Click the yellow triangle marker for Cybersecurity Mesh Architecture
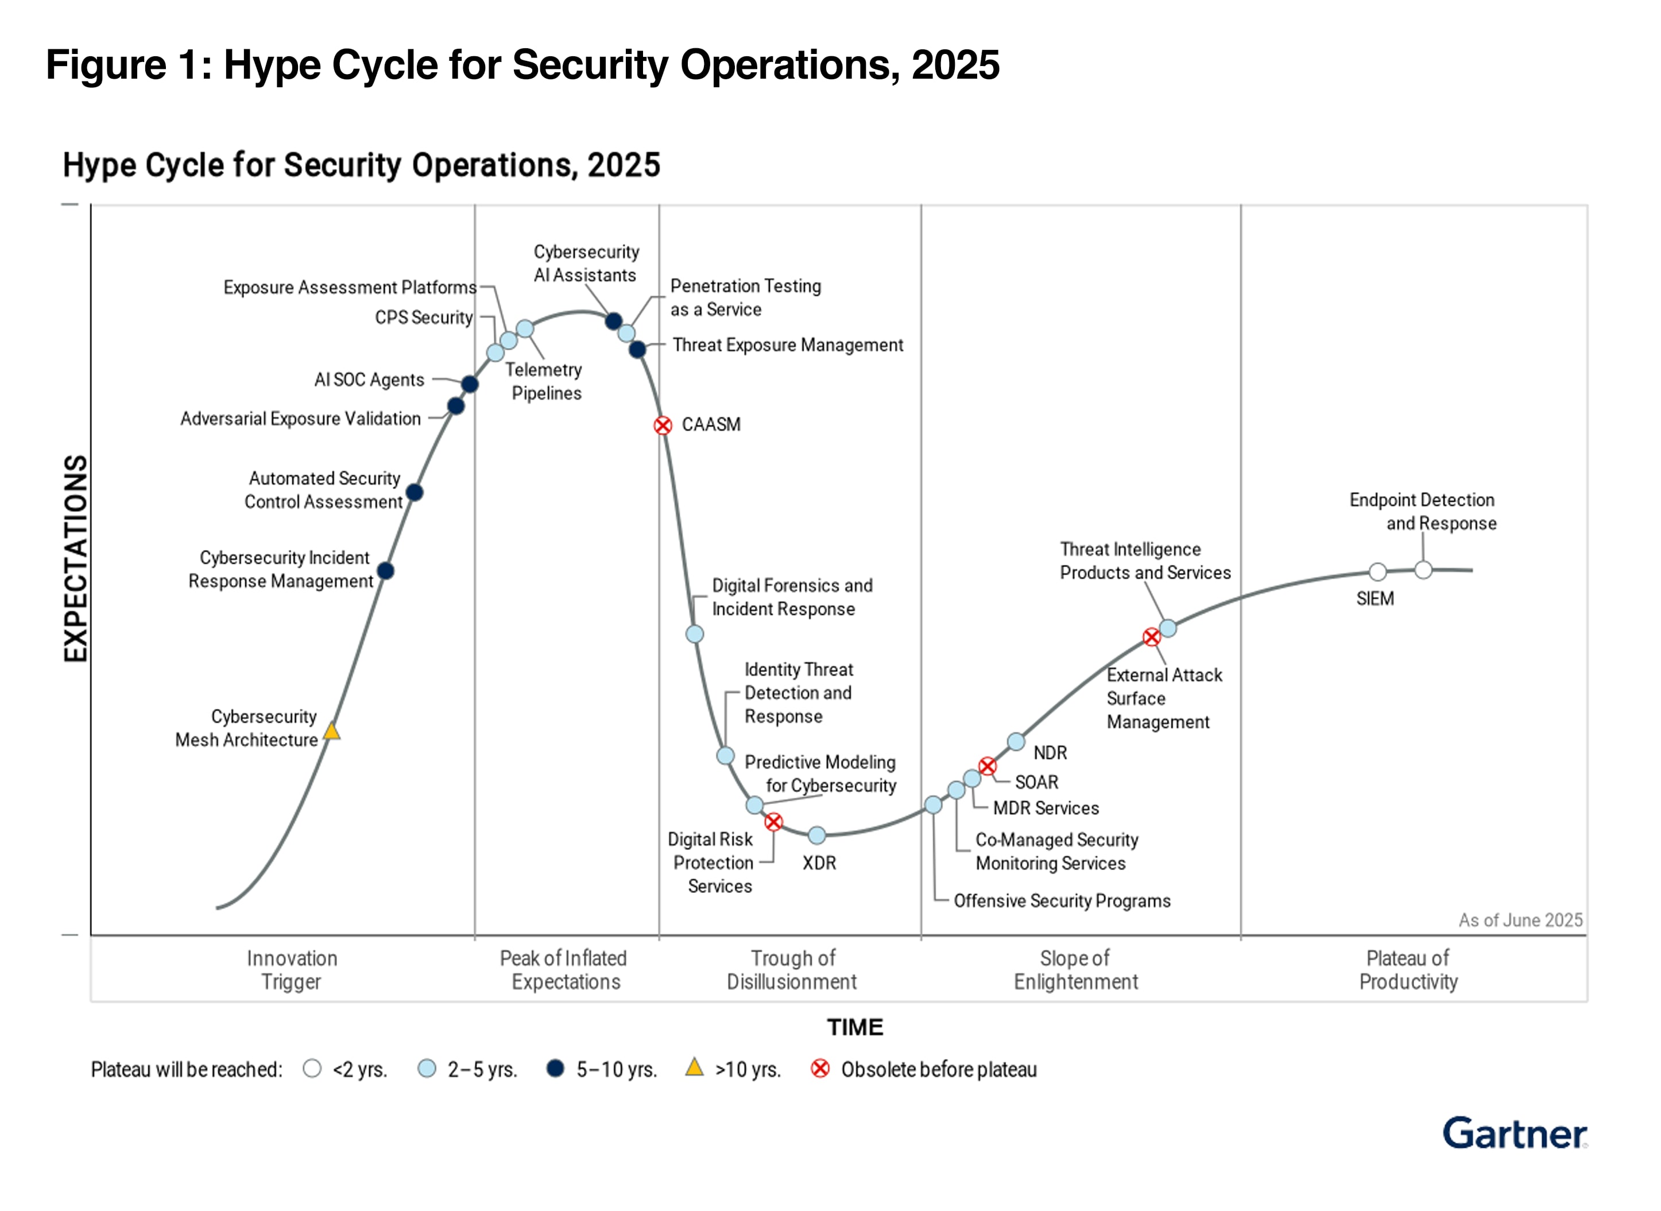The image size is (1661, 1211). [331, 731]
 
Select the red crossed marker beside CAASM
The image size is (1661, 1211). [663, 425]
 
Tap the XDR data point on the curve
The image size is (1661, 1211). [816, 835]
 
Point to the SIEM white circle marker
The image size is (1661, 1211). [1377, 572]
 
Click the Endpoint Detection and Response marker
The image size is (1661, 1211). [1423, 570]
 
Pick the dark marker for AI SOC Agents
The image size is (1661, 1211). [470, 384]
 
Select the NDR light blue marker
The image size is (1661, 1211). [1016, 742]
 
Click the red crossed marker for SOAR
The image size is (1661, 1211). [988, 766]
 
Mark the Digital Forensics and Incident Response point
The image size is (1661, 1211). [695, 633]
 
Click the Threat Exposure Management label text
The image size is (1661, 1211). [787, 345]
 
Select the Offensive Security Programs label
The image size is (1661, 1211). [1062, 901]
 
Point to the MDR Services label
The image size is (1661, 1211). [1046, 808]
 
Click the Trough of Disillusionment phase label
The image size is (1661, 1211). [792, 970]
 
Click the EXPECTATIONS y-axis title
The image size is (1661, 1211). [76, 559]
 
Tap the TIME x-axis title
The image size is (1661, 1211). [855, 1027]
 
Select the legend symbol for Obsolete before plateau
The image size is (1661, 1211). [820, 1069]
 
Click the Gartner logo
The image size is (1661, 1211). [1515, 1133]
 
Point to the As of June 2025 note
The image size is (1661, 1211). [1520, 920]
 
